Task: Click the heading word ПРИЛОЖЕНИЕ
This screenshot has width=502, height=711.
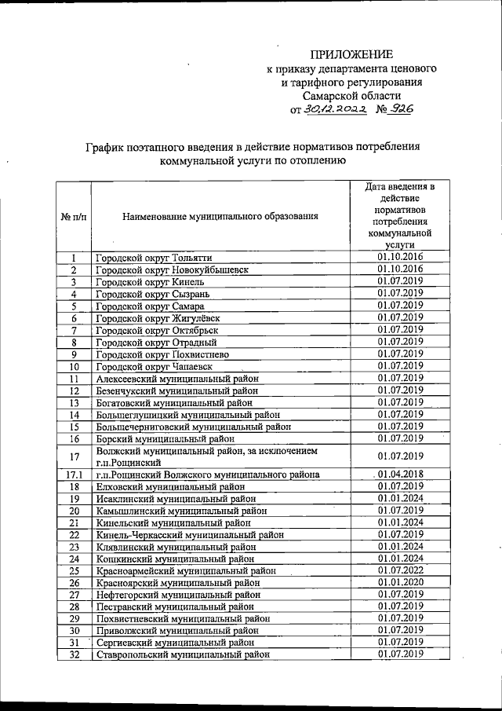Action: pos(351,54)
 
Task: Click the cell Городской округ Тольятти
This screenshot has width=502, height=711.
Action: pos(153,258)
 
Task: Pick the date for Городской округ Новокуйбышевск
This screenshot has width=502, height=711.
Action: pos(400,269)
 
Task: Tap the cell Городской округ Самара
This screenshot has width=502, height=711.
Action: pos(150,306)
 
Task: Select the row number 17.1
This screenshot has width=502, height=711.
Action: pos(73,475)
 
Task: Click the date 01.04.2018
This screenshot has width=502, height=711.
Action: pos(400,475)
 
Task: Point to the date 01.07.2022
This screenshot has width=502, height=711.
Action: pos(400,570)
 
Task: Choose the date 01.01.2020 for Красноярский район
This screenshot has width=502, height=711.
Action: pos(400,583)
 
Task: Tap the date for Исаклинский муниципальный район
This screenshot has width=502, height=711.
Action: pos(400,499)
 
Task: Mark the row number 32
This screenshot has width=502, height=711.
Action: pos(73,654)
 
